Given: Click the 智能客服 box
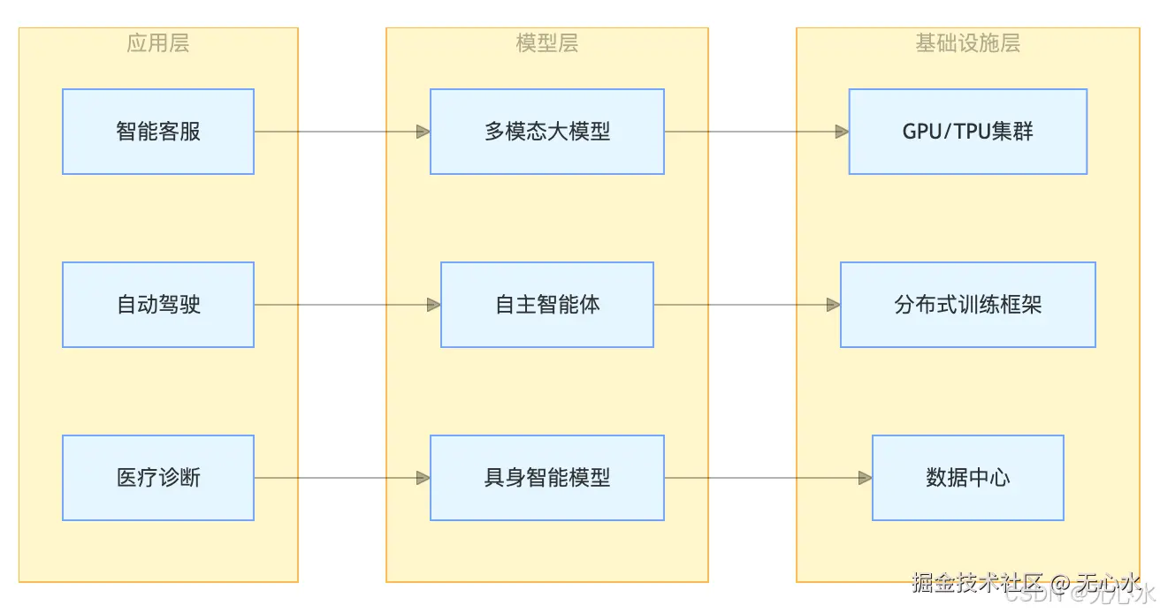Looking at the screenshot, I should point(158,132).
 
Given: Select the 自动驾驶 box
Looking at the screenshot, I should point(158,305).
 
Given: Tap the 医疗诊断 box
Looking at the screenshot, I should point(158,478).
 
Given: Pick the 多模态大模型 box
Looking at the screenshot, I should point(547,132).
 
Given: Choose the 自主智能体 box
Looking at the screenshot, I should point(547,305).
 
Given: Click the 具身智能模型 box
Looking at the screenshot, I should point(547,478).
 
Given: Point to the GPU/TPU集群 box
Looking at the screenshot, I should point(967,132).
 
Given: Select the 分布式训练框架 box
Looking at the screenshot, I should point(967,305).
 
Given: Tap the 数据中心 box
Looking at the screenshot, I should point(967,478).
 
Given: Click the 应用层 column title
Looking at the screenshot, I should point(158,43).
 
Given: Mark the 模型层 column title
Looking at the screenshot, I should point(547,43).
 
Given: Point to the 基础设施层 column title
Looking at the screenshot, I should point(967,43).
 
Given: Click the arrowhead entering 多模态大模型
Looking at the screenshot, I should point(424,132).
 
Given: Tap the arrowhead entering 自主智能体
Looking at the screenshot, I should point(434,305).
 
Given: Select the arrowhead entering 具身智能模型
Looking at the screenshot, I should point(424,478).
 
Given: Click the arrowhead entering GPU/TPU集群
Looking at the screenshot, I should point(842,132).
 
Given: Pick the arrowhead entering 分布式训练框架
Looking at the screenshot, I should point(833,305).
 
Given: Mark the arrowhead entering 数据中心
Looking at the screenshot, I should point(865,478).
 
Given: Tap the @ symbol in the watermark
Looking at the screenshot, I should point(1061,583).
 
